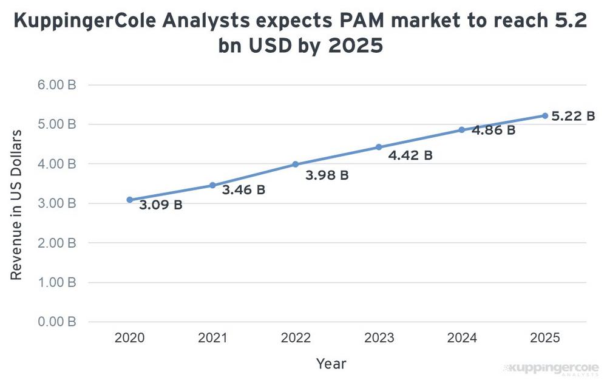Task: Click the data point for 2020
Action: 129,200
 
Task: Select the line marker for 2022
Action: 295,165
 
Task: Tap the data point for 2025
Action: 544,115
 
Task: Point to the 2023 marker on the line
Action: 379,147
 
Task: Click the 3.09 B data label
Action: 161,205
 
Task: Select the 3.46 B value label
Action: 243,190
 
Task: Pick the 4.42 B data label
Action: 410,155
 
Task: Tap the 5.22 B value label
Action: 573,116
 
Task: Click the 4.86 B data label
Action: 493,131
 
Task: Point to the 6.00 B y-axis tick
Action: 56,85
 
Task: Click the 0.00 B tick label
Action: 56,322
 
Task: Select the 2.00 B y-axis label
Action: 56,243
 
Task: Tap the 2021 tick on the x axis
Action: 212,338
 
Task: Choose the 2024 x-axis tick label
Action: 461,338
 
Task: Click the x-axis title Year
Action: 331,364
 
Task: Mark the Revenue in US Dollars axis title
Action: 16,205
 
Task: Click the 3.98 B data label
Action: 327,175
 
